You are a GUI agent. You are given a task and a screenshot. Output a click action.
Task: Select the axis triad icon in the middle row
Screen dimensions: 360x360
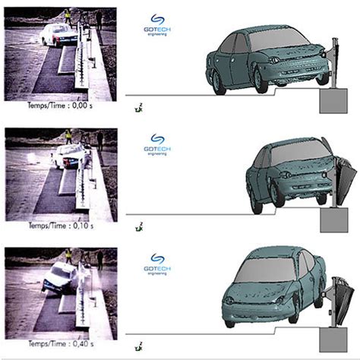(137, 226)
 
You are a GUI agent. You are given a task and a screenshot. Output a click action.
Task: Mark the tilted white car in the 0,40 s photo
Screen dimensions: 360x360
(58, 277)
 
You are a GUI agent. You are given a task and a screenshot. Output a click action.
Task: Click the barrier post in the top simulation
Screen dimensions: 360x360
(333, 65)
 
